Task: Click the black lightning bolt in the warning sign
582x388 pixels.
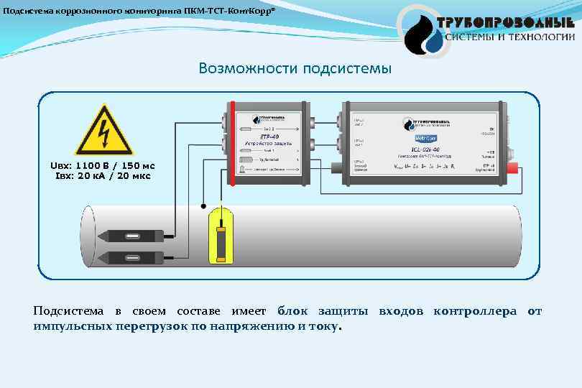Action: (x=106, y=134)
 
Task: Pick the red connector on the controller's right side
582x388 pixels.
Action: (x=514, y=170)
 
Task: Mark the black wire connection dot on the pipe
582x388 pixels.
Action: (x=204, y=203)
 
